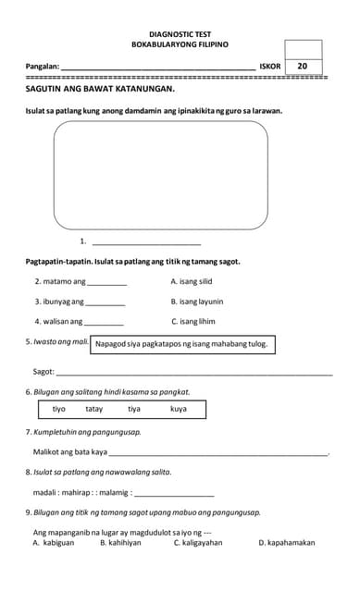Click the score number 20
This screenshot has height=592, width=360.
pos(303,66)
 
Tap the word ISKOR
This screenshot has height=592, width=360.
pos(269,67)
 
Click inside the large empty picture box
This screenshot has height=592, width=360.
pos(160,175)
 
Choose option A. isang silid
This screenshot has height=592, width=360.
pos(192,280)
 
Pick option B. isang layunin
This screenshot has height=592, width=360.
pos(197,301)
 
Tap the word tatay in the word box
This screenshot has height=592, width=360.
pos(94,408)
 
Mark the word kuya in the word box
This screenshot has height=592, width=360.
pos(179,408)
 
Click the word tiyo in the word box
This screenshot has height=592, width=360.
pos(59,408)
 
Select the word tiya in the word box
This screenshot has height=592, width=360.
pos(134,408)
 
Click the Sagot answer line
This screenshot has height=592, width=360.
pos(194,372)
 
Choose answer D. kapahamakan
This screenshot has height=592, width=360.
pos(287,543)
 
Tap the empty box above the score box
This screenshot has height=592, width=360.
pos(304,48)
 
